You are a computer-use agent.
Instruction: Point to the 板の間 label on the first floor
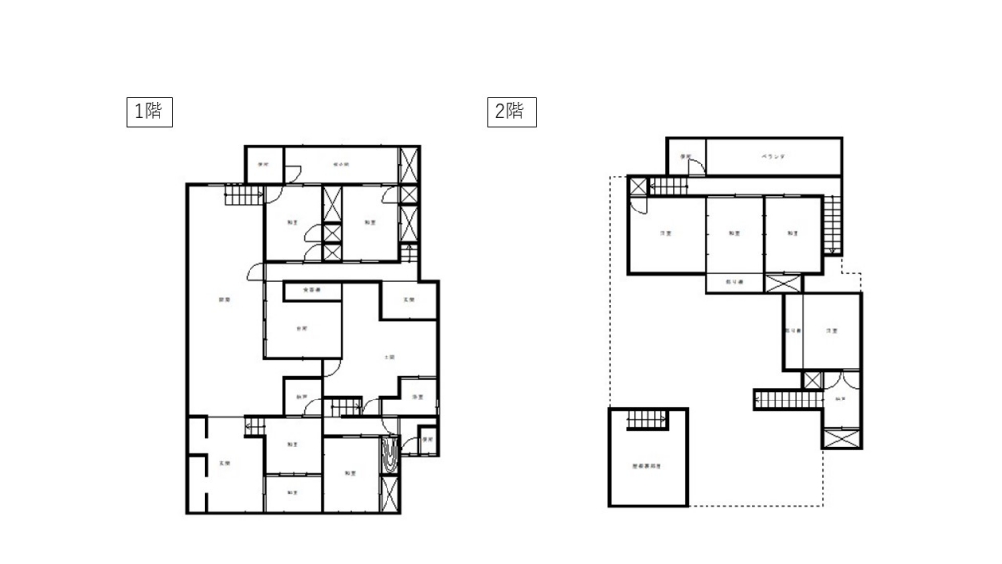tap(341, 164)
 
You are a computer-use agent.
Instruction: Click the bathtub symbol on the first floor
tap(389, 456)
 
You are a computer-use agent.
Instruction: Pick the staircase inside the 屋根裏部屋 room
tap(645, 419)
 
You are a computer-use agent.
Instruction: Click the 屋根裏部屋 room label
tap(647, 467)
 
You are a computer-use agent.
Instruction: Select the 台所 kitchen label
tap(302, 328)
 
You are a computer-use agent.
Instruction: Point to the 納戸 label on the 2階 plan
tap(841, 399)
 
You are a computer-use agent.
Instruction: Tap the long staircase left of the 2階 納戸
tap(786, 399)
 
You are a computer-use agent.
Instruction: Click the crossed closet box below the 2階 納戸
tap(842, 439)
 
